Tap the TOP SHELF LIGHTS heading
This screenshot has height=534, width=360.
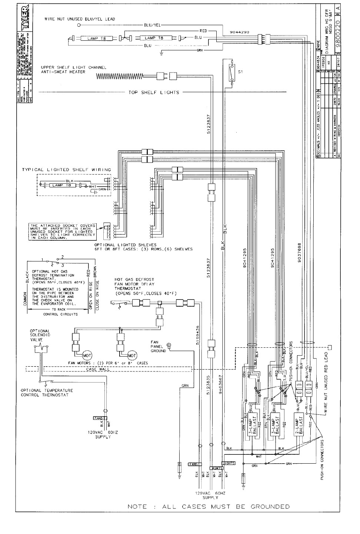coord(154,92)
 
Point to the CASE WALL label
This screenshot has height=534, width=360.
coord(97,369)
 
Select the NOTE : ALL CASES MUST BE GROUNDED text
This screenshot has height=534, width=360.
coord(209,506)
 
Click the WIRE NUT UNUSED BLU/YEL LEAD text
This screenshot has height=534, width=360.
coord(80,19)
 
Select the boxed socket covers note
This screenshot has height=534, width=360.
coord(63,232)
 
